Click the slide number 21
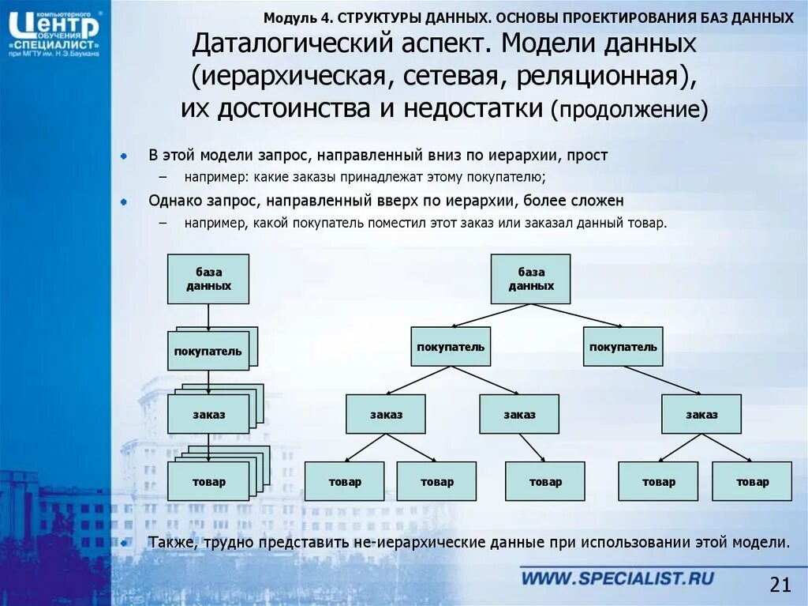(x=780, y=585)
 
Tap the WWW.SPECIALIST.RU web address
(x=618, y=578)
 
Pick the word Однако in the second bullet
(x=173, y=201)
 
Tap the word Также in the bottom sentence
(x=172, y=543)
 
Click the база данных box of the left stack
(x=208, y=279)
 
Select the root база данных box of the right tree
(x=530, y=279)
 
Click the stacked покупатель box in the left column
(x=208, y=351)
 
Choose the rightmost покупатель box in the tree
(x=623, y=347)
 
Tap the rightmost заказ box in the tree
(x=701, y=414)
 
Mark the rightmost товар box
(x=752, y=481)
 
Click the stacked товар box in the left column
(x=208, y=481)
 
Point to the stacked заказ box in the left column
(x=208, y=414)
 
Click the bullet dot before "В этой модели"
(x=124, y=156)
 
